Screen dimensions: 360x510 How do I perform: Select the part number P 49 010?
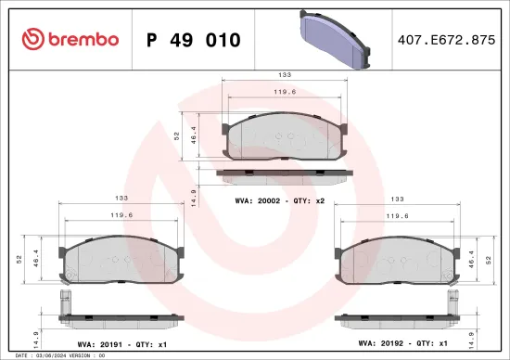click(194, 40)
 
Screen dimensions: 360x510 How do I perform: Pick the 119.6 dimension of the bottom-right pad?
click(399, 216)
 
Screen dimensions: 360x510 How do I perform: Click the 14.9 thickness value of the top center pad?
click(192, 196)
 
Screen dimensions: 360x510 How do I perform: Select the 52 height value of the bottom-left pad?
click(19, 261)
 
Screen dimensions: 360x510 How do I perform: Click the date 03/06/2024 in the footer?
click(49, 355)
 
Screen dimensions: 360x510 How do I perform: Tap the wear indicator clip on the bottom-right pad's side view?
click(453, 301)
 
